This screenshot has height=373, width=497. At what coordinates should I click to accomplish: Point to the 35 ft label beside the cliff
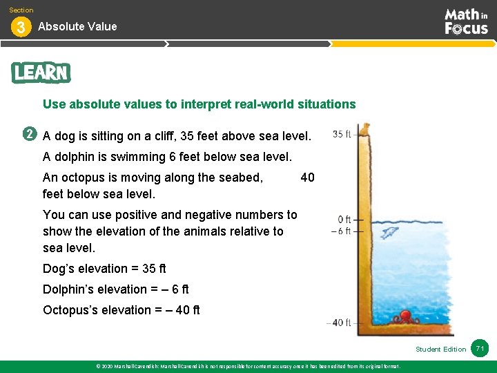coord(342,134)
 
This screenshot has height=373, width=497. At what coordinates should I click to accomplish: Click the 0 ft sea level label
coord(344,220)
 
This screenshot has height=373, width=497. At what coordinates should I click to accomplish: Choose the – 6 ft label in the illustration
coord(342,231)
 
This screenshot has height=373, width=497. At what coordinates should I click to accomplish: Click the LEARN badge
coord(41,73)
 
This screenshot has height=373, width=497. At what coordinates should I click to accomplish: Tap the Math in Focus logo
coord(466,21)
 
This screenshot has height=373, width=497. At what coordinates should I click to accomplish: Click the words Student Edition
coord(441,349)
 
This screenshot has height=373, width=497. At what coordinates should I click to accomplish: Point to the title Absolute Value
coord(77,26)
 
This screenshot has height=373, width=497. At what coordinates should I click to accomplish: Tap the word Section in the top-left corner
coord(21,10)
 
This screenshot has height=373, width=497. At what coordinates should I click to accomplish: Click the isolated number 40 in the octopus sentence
coord(307,178)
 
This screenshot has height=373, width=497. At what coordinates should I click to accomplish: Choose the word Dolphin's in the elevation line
coord(69,289)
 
